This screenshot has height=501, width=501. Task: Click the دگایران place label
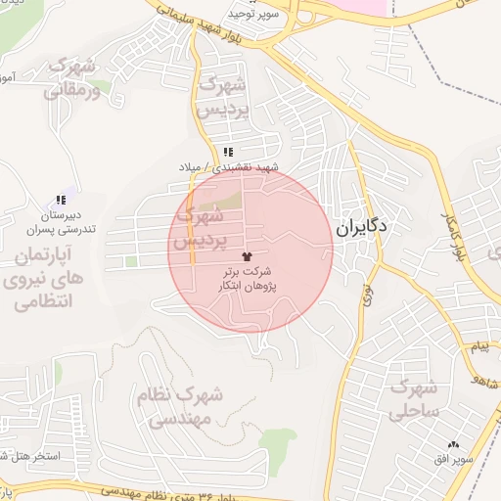(x=361, y=228)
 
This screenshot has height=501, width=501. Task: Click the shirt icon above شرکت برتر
(x=258, y=254)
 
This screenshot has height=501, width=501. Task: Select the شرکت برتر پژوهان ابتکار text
(x=258, y=276)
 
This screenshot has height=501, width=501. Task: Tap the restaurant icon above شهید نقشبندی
(x=229, y=152)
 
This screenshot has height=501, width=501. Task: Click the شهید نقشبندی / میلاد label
(x=228, y=167)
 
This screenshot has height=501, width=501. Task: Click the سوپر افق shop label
(x=455, y=458)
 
